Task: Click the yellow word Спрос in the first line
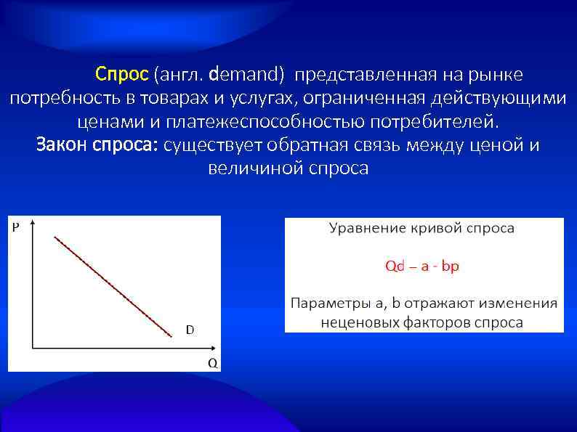click(x=122, y=75)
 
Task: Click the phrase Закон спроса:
click(x=98, y=144)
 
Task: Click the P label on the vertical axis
click(x=16, y=227)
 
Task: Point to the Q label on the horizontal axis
click(x=212, y=362)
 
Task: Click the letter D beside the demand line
click(x=190, y=330)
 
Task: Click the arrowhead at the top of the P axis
click(x=31, y=221)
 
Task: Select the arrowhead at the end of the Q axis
click(x=210, y=349)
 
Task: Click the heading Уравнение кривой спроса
click(x=421, y=229)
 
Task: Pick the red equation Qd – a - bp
click(x=421, y=266)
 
